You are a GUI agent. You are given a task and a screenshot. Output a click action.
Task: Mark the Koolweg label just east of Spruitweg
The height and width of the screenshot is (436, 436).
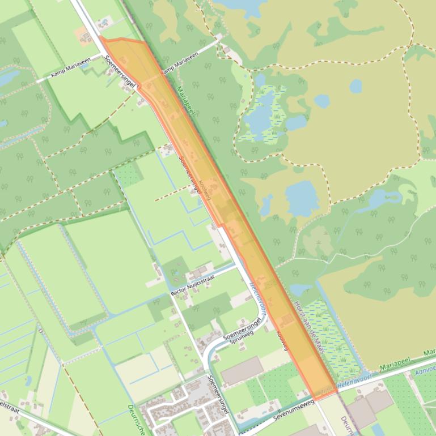pyautogui.click(x=282, y=339)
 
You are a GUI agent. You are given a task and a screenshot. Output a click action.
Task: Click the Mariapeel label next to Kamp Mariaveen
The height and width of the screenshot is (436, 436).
pyautogui.click(x=185, y=102)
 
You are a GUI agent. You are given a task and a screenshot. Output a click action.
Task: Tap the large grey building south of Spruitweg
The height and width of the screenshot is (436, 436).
pyautogui.click(x=242, y=370)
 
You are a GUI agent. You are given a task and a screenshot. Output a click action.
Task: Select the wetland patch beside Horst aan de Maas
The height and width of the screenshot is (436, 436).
pyautogui.click(x=335, y=340)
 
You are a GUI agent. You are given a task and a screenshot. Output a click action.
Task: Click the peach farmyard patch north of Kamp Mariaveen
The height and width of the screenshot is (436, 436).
pyautogui.click(x=81, y=34)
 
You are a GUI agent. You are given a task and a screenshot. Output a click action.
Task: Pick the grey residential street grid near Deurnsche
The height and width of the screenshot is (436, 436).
pyautogui.click(x=181, y=405)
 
